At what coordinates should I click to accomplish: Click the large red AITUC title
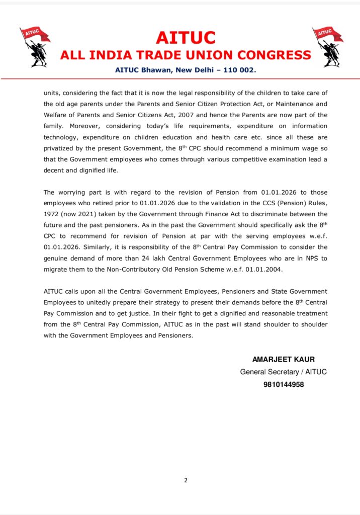186,38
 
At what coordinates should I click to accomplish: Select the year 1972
52,215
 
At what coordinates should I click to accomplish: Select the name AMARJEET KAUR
283,360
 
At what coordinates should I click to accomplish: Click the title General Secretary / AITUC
283,372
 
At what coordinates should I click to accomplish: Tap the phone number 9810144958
283,385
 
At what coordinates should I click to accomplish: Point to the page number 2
186,480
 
